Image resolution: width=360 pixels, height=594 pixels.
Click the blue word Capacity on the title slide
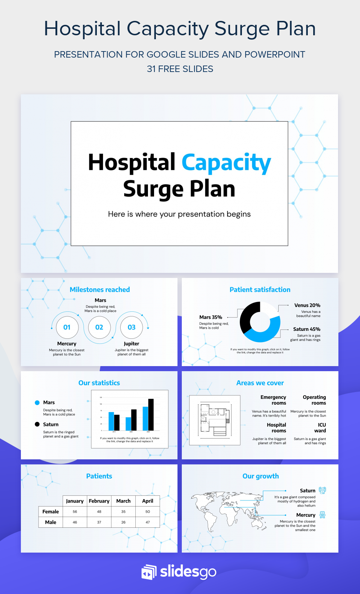click(x=226, y=163)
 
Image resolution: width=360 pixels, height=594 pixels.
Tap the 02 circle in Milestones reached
click(x=99, y=327)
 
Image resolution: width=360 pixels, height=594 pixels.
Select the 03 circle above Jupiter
click(x=131, y=327)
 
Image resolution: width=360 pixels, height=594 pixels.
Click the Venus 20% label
click(x=307, y=305)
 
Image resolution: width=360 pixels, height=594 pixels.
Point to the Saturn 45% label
click(x=306, y=329)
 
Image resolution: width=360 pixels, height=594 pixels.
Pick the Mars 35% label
click(x=211, y=317)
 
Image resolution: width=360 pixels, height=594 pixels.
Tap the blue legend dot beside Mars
click(x=37, y=402)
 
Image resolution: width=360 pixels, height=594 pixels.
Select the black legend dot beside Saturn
click(x=37, y=424)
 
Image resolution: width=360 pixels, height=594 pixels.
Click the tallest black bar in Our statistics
click(x=151, y=414)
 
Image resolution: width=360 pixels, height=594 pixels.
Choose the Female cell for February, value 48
click(x=99, y=512)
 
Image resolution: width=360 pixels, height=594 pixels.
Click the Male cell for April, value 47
click(x=148, y=522)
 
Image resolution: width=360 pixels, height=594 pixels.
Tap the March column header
click(x=123, y=501)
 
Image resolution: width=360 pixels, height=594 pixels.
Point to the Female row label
click(x=50, y=512)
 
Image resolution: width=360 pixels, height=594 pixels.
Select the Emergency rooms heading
click(x=274, y=400)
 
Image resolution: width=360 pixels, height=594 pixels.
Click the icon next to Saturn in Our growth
click(x=323, y=490)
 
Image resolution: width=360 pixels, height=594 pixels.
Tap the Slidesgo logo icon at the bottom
click(x=149, y=572)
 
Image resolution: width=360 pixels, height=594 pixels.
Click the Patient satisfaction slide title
click(x=260, y=289)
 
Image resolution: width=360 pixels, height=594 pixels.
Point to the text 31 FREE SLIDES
click(x=180, y=69)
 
